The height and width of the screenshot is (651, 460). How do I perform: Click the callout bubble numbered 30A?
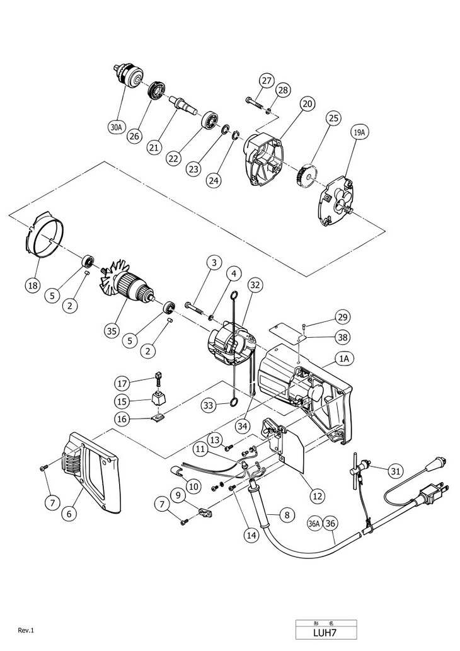coord(116,127)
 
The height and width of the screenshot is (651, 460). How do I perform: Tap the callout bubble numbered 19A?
coord(359,133)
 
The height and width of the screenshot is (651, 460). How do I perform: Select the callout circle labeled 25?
coord(333,118)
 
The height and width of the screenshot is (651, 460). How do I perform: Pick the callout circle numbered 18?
coord(33,285)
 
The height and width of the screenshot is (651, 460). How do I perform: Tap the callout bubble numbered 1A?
coord(345,359)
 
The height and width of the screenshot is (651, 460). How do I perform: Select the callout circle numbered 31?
coord(395,470)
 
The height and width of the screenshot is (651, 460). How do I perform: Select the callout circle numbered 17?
coord(122,383)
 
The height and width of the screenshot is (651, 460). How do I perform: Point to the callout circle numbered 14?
coord(252,536)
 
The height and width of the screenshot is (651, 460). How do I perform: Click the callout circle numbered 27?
coord(266,81)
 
